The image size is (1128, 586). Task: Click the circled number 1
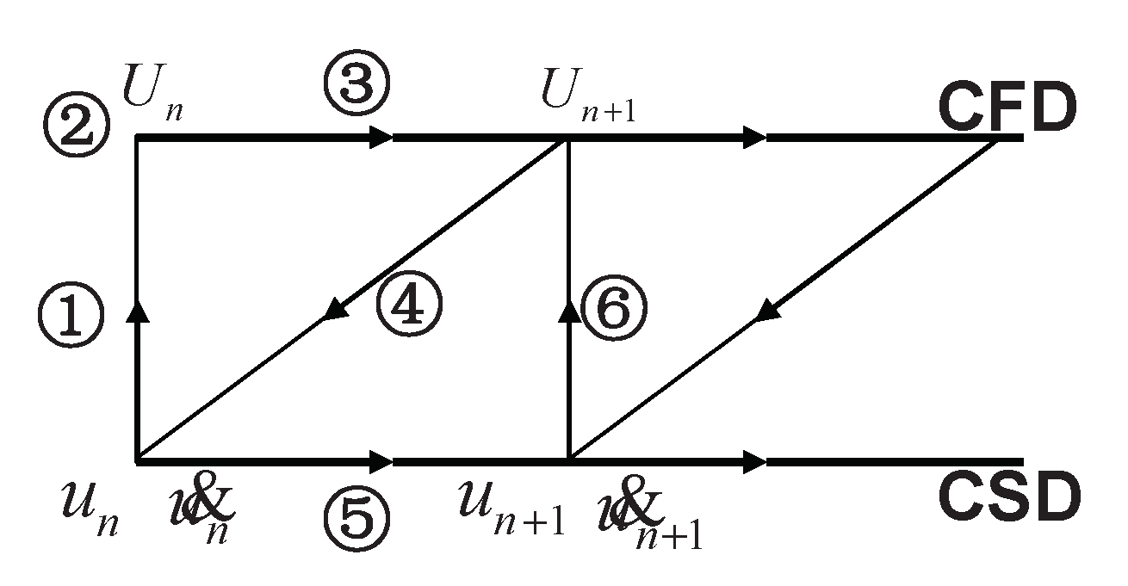tap(71, 316)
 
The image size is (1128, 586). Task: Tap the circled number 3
tap(356, 83)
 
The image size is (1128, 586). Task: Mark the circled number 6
tap(613, 308)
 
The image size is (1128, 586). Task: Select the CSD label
tap(1007, 498)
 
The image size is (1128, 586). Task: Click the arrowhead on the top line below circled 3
tap(380, 137)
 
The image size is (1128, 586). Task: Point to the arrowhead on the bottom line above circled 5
tap(380, 462)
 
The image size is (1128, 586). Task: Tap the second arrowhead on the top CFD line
tap(753, 137)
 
